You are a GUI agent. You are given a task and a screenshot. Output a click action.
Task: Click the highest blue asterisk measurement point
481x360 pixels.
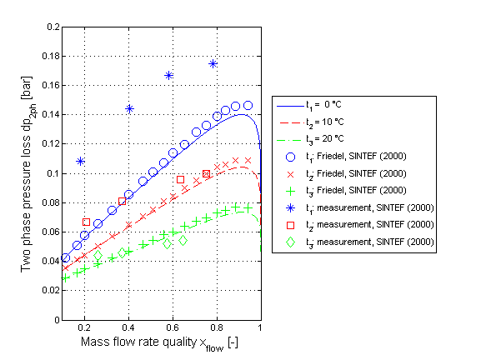click(213, 63)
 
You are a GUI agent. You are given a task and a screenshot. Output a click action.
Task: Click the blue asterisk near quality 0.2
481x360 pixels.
click(80, 161)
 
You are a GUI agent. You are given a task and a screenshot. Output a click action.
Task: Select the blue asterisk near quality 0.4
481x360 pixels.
click(129, 108)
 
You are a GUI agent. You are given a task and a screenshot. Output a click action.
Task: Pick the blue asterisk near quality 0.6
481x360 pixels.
click(169, 75)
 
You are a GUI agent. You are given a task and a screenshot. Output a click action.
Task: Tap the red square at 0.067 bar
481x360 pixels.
click(87, 222)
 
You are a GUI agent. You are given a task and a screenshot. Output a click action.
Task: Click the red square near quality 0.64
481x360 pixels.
click(180, 179)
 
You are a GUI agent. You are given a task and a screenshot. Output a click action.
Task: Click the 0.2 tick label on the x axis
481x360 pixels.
click(85, 329)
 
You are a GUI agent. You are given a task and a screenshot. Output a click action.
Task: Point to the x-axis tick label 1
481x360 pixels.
click(260, 329)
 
